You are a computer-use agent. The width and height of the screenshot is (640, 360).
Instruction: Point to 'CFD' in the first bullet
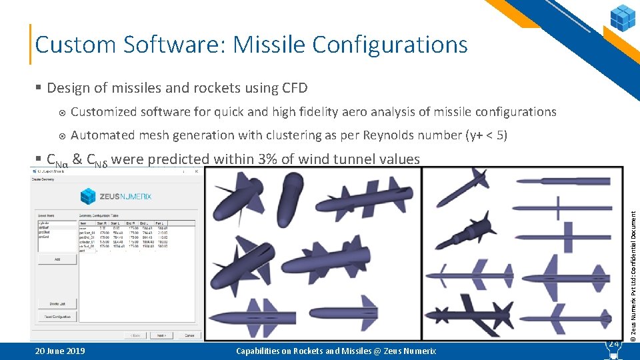[295, 88]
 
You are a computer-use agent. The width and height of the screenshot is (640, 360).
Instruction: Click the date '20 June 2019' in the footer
[60, 351]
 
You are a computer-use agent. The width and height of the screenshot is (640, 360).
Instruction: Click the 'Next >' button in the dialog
[160, 335]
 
